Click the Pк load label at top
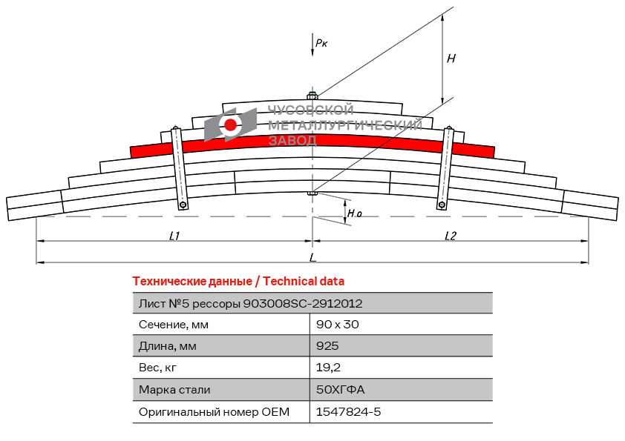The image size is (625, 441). point(321,44)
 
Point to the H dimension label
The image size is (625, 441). point(451,59)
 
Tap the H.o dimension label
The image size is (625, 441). point(355,214)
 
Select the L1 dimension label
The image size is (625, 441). point(174,236)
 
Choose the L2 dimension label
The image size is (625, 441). point(451,236)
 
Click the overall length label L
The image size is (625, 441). point(312,257)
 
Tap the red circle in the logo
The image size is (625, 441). point(231,125)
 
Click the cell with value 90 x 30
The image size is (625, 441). point(338,325)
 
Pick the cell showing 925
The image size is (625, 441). point(327,346)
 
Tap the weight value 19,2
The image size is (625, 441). point(329,368)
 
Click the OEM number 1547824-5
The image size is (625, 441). point(349,411)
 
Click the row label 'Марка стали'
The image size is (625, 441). point(174,390)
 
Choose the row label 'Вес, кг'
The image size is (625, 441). point(158,368)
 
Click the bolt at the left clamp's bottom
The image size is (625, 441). point(183,205)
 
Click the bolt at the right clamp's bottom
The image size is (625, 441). point(442,205)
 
